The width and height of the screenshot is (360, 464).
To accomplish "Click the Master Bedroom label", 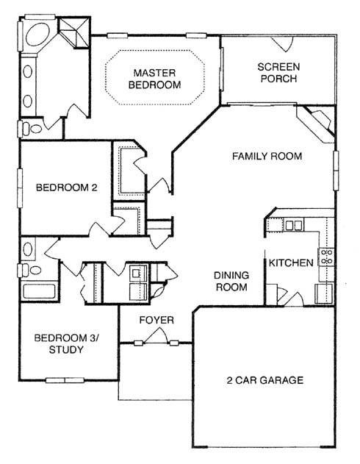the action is pos(154,79).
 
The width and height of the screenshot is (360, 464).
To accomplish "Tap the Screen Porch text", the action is pos(278,73).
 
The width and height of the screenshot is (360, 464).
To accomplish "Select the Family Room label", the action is pos(267,156).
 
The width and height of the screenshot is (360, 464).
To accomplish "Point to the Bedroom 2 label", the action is pos(67,188).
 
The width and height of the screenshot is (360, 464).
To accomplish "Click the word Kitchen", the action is pos(291,263).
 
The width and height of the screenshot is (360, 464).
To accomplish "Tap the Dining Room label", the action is pos(231,281).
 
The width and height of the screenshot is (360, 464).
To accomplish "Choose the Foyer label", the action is pos(156,320).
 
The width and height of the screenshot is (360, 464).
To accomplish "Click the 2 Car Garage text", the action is pos(264,380).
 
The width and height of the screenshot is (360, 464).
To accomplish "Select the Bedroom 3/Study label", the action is pos(67,343).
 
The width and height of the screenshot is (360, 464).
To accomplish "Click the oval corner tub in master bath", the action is pos(37,35).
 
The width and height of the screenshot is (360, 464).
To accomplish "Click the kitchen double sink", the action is pos(294,226).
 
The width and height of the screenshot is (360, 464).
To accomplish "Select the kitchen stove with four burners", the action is pos(326,257).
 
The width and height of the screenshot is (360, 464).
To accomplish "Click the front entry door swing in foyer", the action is pos(156,336).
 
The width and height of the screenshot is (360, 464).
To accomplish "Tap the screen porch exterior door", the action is pos(283,44).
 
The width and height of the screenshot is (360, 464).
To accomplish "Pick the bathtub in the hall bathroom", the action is pos(39,291).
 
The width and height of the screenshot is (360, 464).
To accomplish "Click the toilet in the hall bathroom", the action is pos(30,270).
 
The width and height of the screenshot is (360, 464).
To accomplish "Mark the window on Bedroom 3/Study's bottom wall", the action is pos(65,380).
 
